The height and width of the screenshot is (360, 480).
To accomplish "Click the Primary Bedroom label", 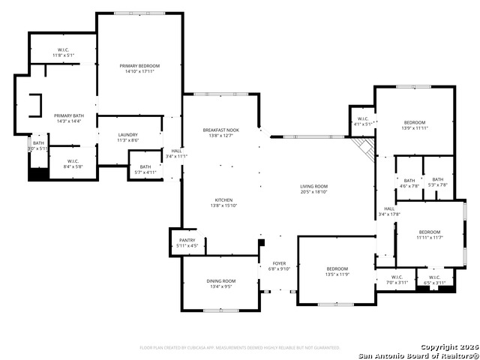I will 139,69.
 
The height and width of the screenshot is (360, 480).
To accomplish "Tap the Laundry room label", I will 127,137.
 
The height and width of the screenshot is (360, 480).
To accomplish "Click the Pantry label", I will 187,243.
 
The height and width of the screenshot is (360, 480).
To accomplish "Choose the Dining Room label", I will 221,283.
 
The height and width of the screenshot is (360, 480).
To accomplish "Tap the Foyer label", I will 279,266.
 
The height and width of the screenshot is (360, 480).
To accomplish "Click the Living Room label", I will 314,189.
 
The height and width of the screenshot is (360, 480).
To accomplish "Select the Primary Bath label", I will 67,118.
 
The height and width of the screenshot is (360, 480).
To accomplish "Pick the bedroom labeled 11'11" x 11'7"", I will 430,235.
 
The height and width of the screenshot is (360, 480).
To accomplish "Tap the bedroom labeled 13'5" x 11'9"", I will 337,271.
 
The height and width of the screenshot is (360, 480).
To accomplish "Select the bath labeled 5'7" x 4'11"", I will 145,169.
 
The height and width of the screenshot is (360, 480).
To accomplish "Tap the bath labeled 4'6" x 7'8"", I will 409,182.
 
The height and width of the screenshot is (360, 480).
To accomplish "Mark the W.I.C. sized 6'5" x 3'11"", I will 435,280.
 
